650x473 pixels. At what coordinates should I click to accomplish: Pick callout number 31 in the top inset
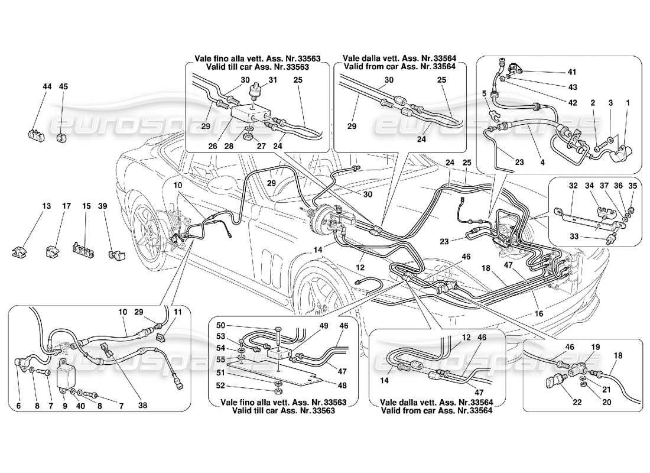(x=272, y=80)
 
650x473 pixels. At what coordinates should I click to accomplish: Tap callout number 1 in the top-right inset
(x=628, y=102)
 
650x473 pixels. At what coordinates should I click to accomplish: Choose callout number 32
(x=557, y=186)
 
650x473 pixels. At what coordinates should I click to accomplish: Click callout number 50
(x=221, y=326)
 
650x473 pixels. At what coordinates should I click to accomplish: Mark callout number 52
(x=221, y=385)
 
